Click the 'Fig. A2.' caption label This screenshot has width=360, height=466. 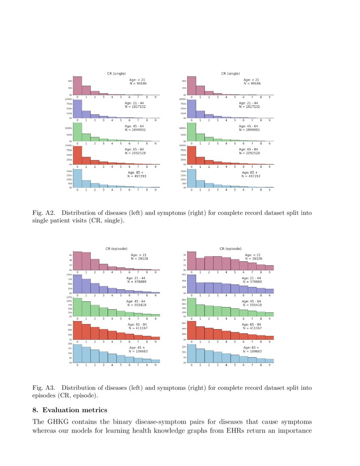pyautogui.click(x=43, y=213)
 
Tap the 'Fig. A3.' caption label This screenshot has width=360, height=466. pyautogui.click(x=43, y=388)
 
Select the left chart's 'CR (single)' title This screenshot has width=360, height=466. pyautogui.click(x=116, y=73)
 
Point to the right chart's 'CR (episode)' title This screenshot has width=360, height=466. pyautogui.click(x=230, y=249)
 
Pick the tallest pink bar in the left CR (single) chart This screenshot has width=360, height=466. pyautogui.click(x=78, y=86)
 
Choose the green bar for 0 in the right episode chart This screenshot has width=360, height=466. pyautogui.click(x=191, y=307)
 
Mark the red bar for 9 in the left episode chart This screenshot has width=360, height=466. pyautogui.click(x=155, y=338)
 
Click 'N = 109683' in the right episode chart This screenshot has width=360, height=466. pyautogui.click(x=253, y=351)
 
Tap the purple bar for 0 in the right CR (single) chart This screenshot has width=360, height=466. pyautogui.click(x=191, y=108)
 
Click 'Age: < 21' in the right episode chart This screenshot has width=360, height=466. pyautogui.click(x=253, y=255)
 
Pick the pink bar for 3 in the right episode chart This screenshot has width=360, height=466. pyautogui.click(x=217, y=263)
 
